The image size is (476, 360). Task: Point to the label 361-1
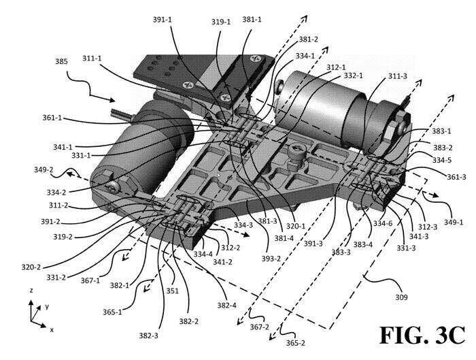(x=52, y=118)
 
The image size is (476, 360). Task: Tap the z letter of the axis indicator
(x=29, y=291)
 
